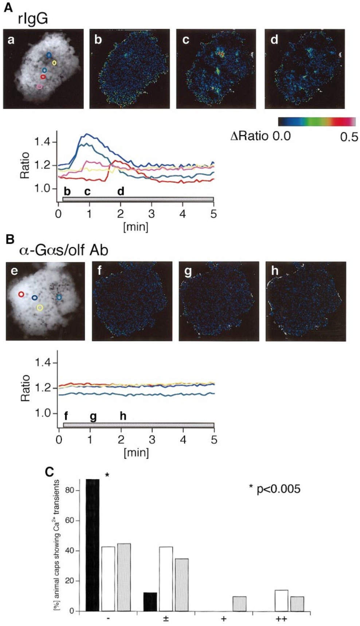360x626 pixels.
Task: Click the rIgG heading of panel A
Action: click(32, 18)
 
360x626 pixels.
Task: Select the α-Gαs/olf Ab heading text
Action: click(63, 250)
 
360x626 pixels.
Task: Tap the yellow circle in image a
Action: click(54, 63)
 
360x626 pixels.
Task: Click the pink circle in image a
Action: click(39, 87)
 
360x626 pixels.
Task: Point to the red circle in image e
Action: click(21, 294)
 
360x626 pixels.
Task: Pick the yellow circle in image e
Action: click(40, 308)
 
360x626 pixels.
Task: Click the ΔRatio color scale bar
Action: click(317, 121)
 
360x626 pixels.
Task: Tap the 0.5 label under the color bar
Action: click(349, 137)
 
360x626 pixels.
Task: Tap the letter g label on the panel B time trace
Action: click(93, 416)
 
